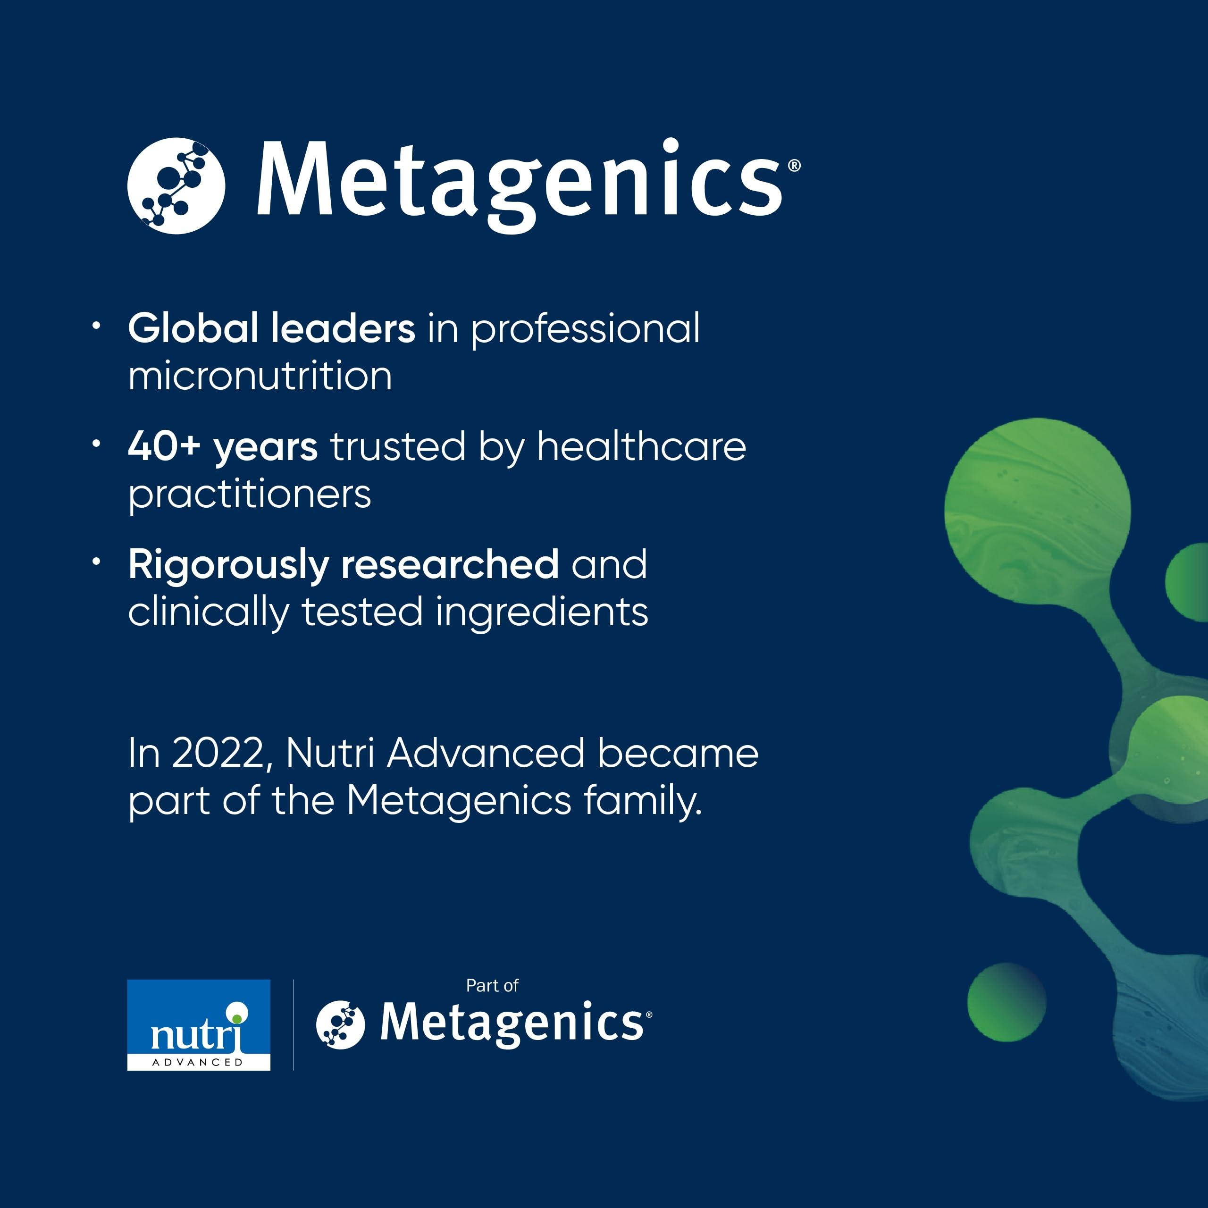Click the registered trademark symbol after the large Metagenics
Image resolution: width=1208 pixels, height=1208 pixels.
pyautogui.click(x=794, y=166)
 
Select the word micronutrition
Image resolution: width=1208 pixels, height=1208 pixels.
pyautogui.click(x=260, y=377)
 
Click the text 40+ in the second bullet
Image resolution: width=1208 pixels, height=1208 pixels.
pyautogui.click(x=164, y=447)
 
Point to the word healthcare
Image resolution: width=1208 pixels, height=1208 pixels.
pyautogui.click(x=642, y=447)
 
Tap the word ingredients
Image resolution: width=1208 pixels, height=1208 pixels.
pyautogui.click(x=541, y=612)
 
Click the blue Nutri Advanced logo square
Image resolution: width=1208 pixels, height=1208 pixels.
pyautogui.click(x=199, y=1024)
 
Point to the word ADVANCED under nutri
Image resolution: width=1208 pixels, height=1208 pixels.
pyautogui.click(x=198, y=1062)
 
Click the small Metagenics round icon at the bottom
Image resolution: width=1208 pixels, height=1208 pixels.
pyautogui.click(x=340, y=1023)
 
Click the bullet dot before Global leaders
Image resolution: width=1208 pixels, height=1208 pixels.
pyautogui.click(x=96, y=326)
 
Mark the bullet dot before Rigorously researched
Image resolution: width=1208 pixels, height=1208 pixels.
pyautogui.click(x=96, y=562)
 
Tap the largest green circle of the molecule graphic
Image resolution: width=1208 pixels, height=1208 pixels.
pyautogui.click(x=1037, y=512)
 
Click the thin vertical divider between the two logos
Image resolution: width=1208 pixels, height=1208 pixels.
pyautogui.click(x=293, y=1024)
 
